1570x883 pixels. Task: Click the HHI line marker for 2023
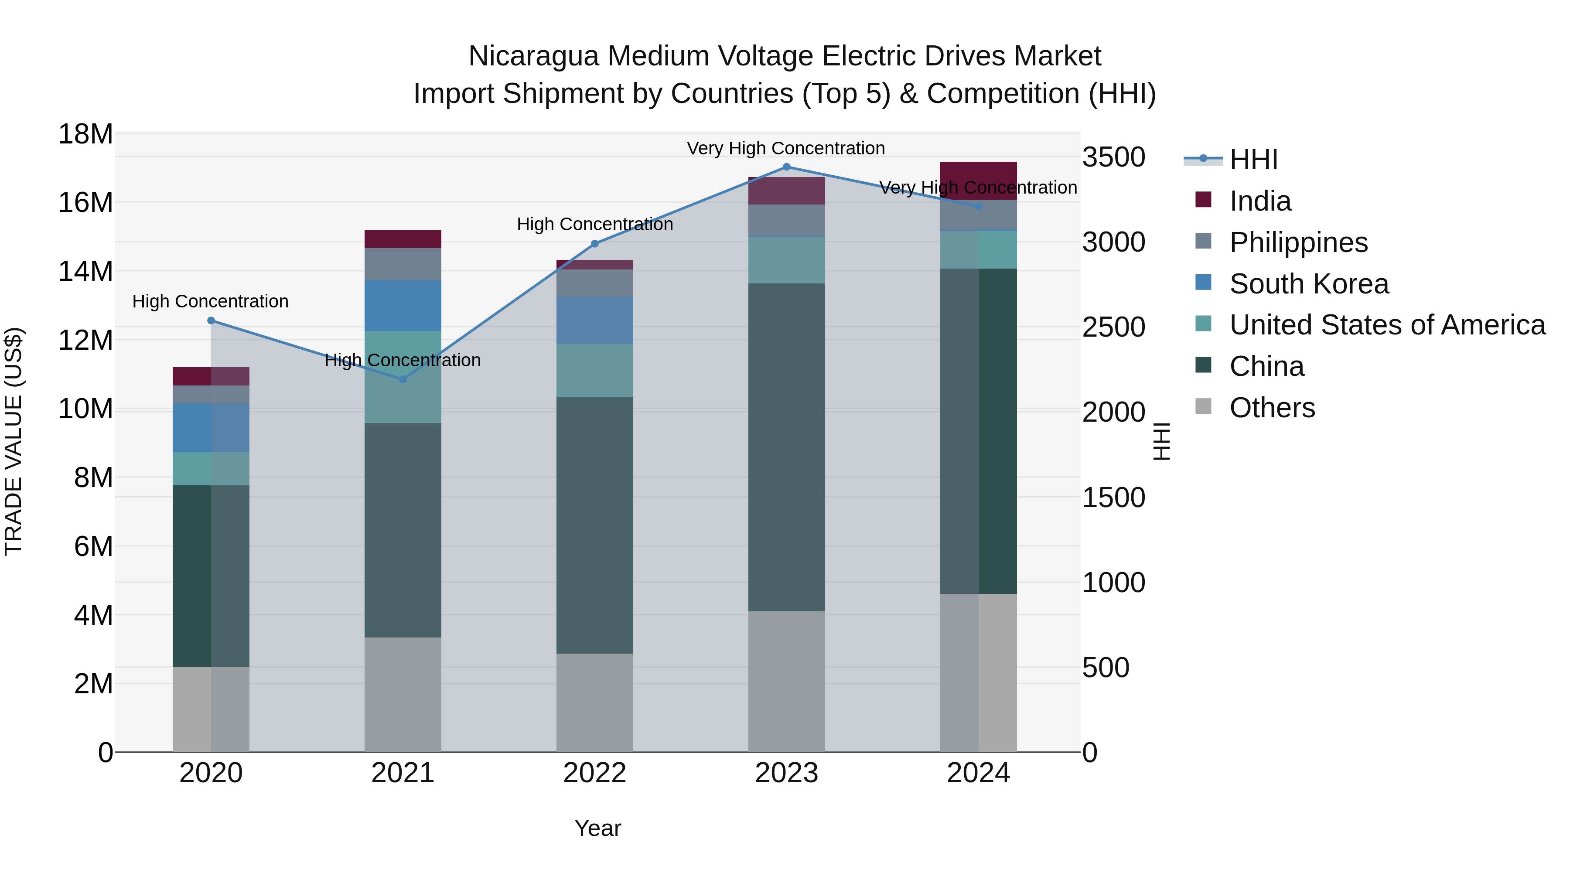point(786,167)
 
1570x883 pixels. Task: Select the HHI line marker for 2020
point(211,320)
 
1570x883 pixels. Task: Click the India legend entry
point(1260,201)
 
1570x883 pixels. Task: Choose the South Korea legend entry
point(1308,284)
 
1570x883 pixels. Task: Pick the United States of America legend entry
point(1386,325)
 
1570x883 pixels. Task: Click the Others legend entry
point(1272,408)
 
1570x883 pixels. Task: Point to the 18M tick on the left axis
point(85,134)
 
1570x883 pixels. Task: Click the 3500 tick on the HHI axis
point(1113,157)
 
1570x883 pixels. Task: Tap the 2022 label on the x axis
point(594,773)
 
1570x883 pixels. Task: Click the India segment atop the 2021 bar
point(403,239)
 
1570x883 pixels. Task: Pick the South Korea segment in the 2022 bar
point(594,320)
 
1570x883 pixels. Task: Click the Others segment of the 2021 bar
point(403,694)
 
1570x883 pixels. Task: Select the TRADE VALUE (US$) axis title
point(14,441)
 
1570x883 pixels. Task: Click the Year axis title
point(597,828)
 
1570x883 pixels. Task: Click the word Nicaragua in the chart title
point(533,56)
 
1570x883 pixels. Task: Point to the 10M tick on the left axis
point(85,409)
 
